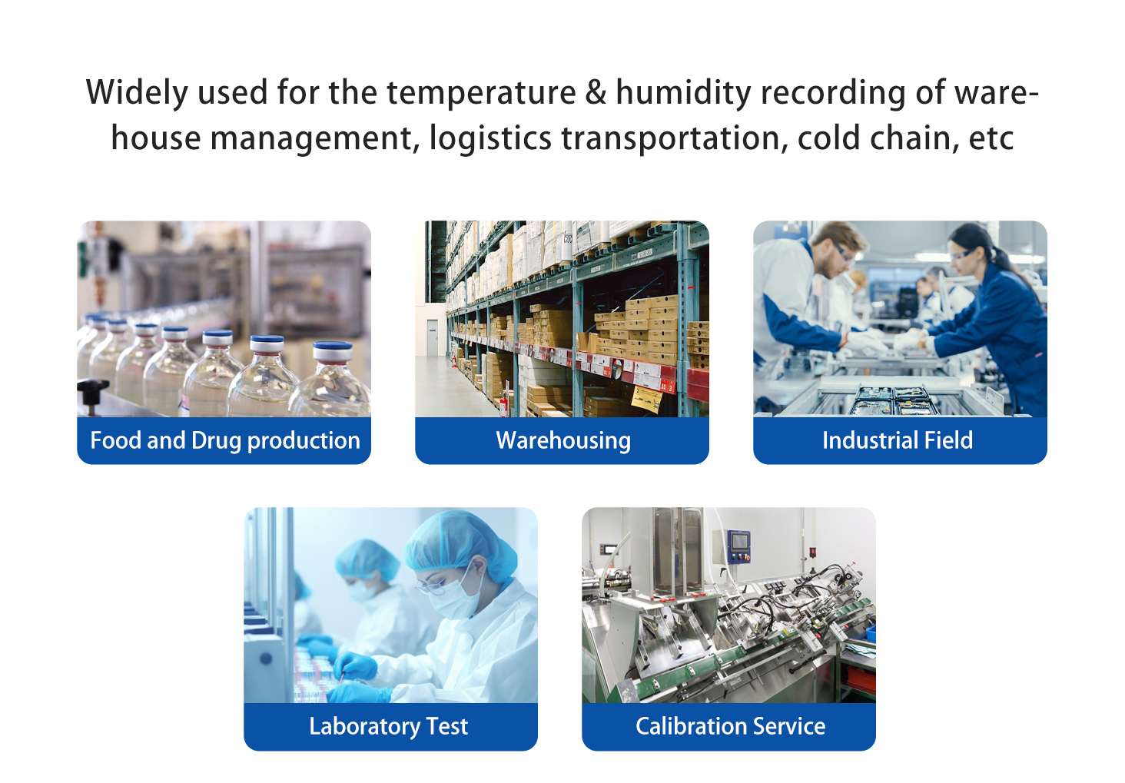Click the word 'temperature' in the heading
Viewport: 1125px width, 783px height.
click(x=481, y=93)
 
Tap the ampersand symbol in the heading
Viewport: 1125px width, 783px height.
click(x=596, y=92)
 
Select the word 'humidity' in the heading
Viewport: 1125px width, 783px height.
click(x=684, y=93)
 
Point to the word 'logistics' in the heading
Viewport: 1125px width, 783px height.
click(x=490, y=138)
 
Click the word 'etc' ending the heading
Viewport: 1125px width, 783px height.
click(x=991, y=138)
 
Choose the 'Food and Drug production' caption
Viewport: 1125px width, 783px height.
click(x=225, y=440)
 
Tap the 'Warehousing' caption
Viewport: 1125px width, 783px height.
click(x=563, y=440)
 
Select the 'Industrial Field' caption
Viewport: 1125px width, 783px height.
click(x=898, y=440)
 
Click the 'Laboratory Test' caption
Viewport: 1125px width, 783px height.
click(x=388, y=726)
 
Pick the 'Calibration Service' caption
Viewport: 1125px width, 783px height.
click(x=730, y=726)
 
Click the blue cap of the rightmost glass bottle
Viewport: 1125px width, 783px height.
click(x=333, y=348)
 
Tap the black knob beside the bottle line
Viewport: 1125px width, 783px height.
click(x=92, y=392)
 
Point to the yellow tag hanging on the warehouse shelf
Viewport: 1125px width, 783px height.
click(x=646, y=399)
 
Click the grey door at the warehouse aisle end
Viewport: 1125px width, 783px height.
click(x=433, y=338)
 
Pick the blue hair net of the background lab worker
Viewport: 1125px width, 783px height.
click(x=367, y=560)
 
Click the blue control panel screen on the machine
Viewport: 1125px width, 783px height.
click(x=740, y=542)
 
